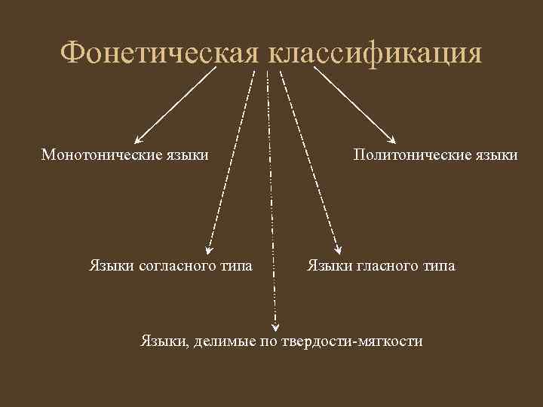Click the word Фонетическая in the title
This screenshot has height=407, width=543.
tap(160, 54)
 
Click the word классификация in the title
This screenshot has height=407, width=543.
tap(374, 54)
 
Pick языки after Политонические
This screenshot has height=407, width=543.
tap(496, 155)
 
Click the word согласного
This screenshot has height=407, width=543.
tap(176, 265)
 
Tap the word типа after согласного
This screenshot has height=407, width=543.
tap(235, 265)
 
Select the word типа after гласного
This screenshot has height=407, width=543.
tap(437, 265)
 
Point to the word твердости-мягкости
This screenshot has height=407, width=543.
tap(352, 341)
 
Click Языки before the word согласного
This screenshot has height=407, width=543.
tap(112, 265)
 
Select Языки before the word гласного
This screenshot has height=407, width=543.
tap(328, 265)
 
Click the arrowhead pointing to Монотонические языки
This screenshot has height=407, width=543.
tap(137, 139)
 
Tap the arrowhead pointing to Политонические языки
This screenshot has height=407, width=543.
tap(392, 139)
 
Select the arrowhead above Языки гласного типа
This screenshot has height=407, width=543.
tap(337, 252)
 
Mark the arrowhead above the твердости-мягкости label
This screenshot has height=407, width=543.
tap(275, 326)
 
